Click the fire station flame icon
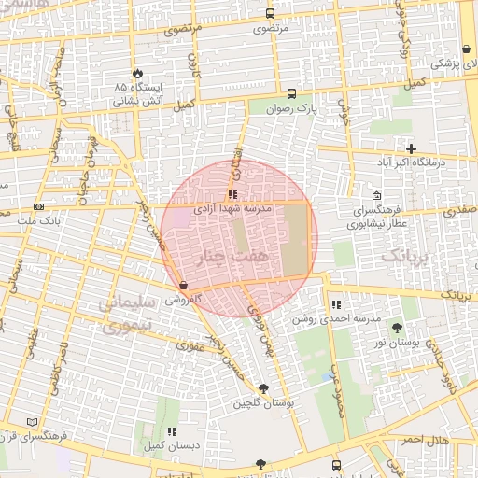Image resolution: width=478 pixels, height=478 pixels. [x=139, y=72]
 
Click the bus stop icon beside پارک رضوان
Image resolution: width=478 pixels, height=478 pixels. [x=291, y=93]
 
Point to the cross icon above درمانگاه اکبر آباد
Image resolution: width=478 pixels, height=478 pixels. [x=411, y=148]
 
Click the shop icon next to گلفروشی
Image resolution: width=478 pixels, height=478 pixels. [x=182, y=285]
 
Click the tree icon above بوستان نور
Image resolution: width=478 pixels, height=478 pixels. [x=399, y=328]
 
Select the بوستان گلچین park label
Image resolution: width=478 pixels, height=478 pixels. [x=263, y=403]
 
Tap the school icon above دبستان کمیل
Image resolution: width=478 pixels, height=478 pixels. [x=172, y=431]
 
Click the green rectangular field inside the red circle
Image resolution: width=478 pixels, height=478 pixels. [x=295, y=239]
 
